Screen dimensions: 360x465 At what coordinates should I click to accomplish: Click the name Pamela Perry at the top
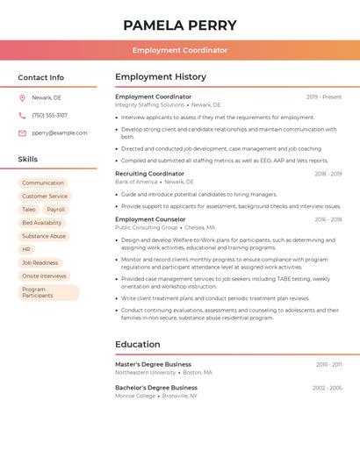pos(180,25)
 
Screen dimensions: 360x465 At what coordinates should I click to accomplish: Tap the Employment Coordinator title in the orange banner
pos(180,50)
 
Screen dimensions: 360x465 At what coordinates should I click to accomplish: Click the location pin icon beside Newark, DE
pos(22,97)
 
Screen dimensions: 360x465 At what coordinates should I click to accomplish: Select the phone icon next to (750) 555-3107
pos(22,115)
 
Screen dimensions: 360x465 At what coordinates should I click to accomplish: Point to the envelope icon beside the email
pos(22,133)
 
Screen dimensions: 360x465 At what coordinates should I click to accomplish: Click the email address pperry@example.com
pos(60,133)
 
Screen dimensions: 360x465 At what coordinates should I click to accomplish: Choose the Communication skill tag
pos(43,182)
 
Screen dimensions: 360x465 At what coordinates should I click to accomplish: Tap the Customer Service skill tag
pos(45,196)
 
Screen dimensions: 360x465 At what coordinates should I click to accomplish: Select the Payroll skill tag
pos(56,210)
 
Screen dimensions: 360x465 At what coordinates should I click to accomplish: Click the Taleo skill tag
pos(29,210)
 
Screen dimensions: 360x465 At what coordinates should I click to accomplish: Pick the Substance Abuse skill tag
pos(44,236)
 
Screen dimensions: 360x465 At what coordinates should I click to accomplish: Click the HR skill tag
pos(26,249)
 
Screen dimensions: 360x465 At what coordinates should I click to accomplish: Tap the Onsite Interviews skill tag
pos(44,275)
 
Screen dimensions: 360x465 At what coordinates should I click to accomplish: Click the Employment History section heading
pos(161,77)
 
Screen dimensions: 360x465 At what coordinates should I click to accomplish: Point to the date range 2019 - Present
pos(324,97)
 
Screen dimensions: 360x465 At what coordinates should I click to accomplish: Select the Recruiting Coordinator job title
pos(150,174)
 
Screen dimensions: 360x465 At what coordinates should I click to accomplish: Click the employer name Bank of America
pos(136,182)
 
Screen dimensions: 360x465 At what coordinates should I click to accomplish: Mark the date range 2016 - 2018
pos(328,219)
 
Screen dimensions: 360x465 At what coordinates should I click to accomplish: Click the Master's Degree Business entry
pos(153,364)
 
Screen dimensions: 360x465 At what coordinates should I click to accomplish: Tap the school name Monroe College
pos(135,396)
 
